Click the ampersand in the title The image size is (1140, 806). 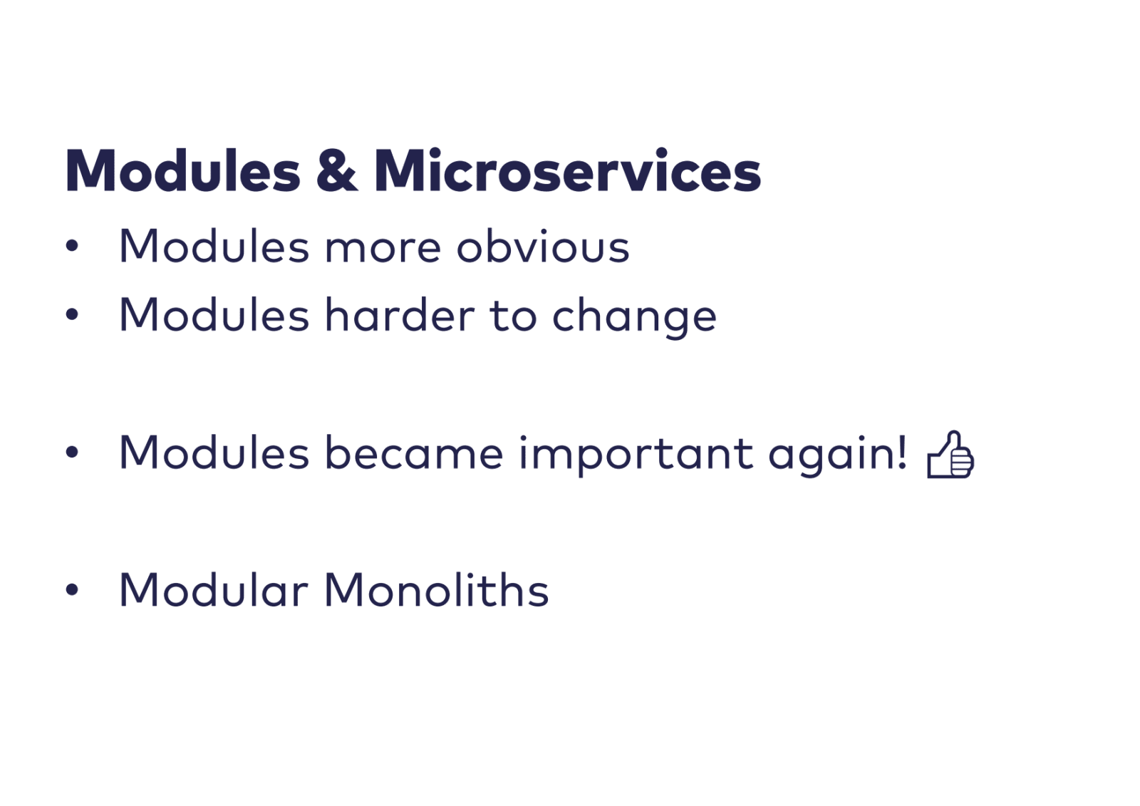pyautogui.click(x=336, y=170)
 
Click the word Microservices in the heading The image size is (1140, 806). pyautogui.click(x=567, y=170)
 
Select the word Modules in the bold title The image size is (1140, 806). pyautogui.click(x=182, y=170)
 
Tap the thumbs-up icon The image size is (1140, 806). pyautogui.click(x=950, y=454)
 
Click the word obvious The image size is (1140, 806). pyautogui.click(x=543, y=246)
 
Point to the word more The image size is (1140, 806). pyautogui.click(x=383, y=249)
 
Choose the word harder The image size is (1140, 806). pyautogui.click(x=400, y=315)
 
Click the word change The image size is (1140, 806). pyautogui.click(x=634, y=319)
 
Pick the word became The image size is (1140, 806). pyautogui.click(x=414, y=452)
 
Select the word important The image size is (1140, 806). pyautogui.click(x=636, y=455)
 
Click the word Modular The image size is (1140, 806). pyautogui.click(x=214, y=589)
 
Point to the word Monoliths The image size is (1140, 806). pyautogui.click(x=437, y=589)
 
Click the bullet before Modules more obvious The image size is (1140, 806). pyautogui.click(x=72, y=246)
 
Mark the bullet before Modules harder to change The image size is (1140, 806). pyautogui.click(x=72, y=315)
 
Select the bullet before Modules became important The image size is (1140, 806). pyautogui.click(x=72, y=452)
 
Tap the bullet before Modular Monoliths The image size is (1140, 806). pyautogui.click(x=72, y=589)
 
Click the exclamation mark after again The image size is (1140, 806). pyautogui.click(x=902, y=452)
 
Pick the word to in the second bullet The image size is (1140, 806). pyautogui.click(x=513, y=316)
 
